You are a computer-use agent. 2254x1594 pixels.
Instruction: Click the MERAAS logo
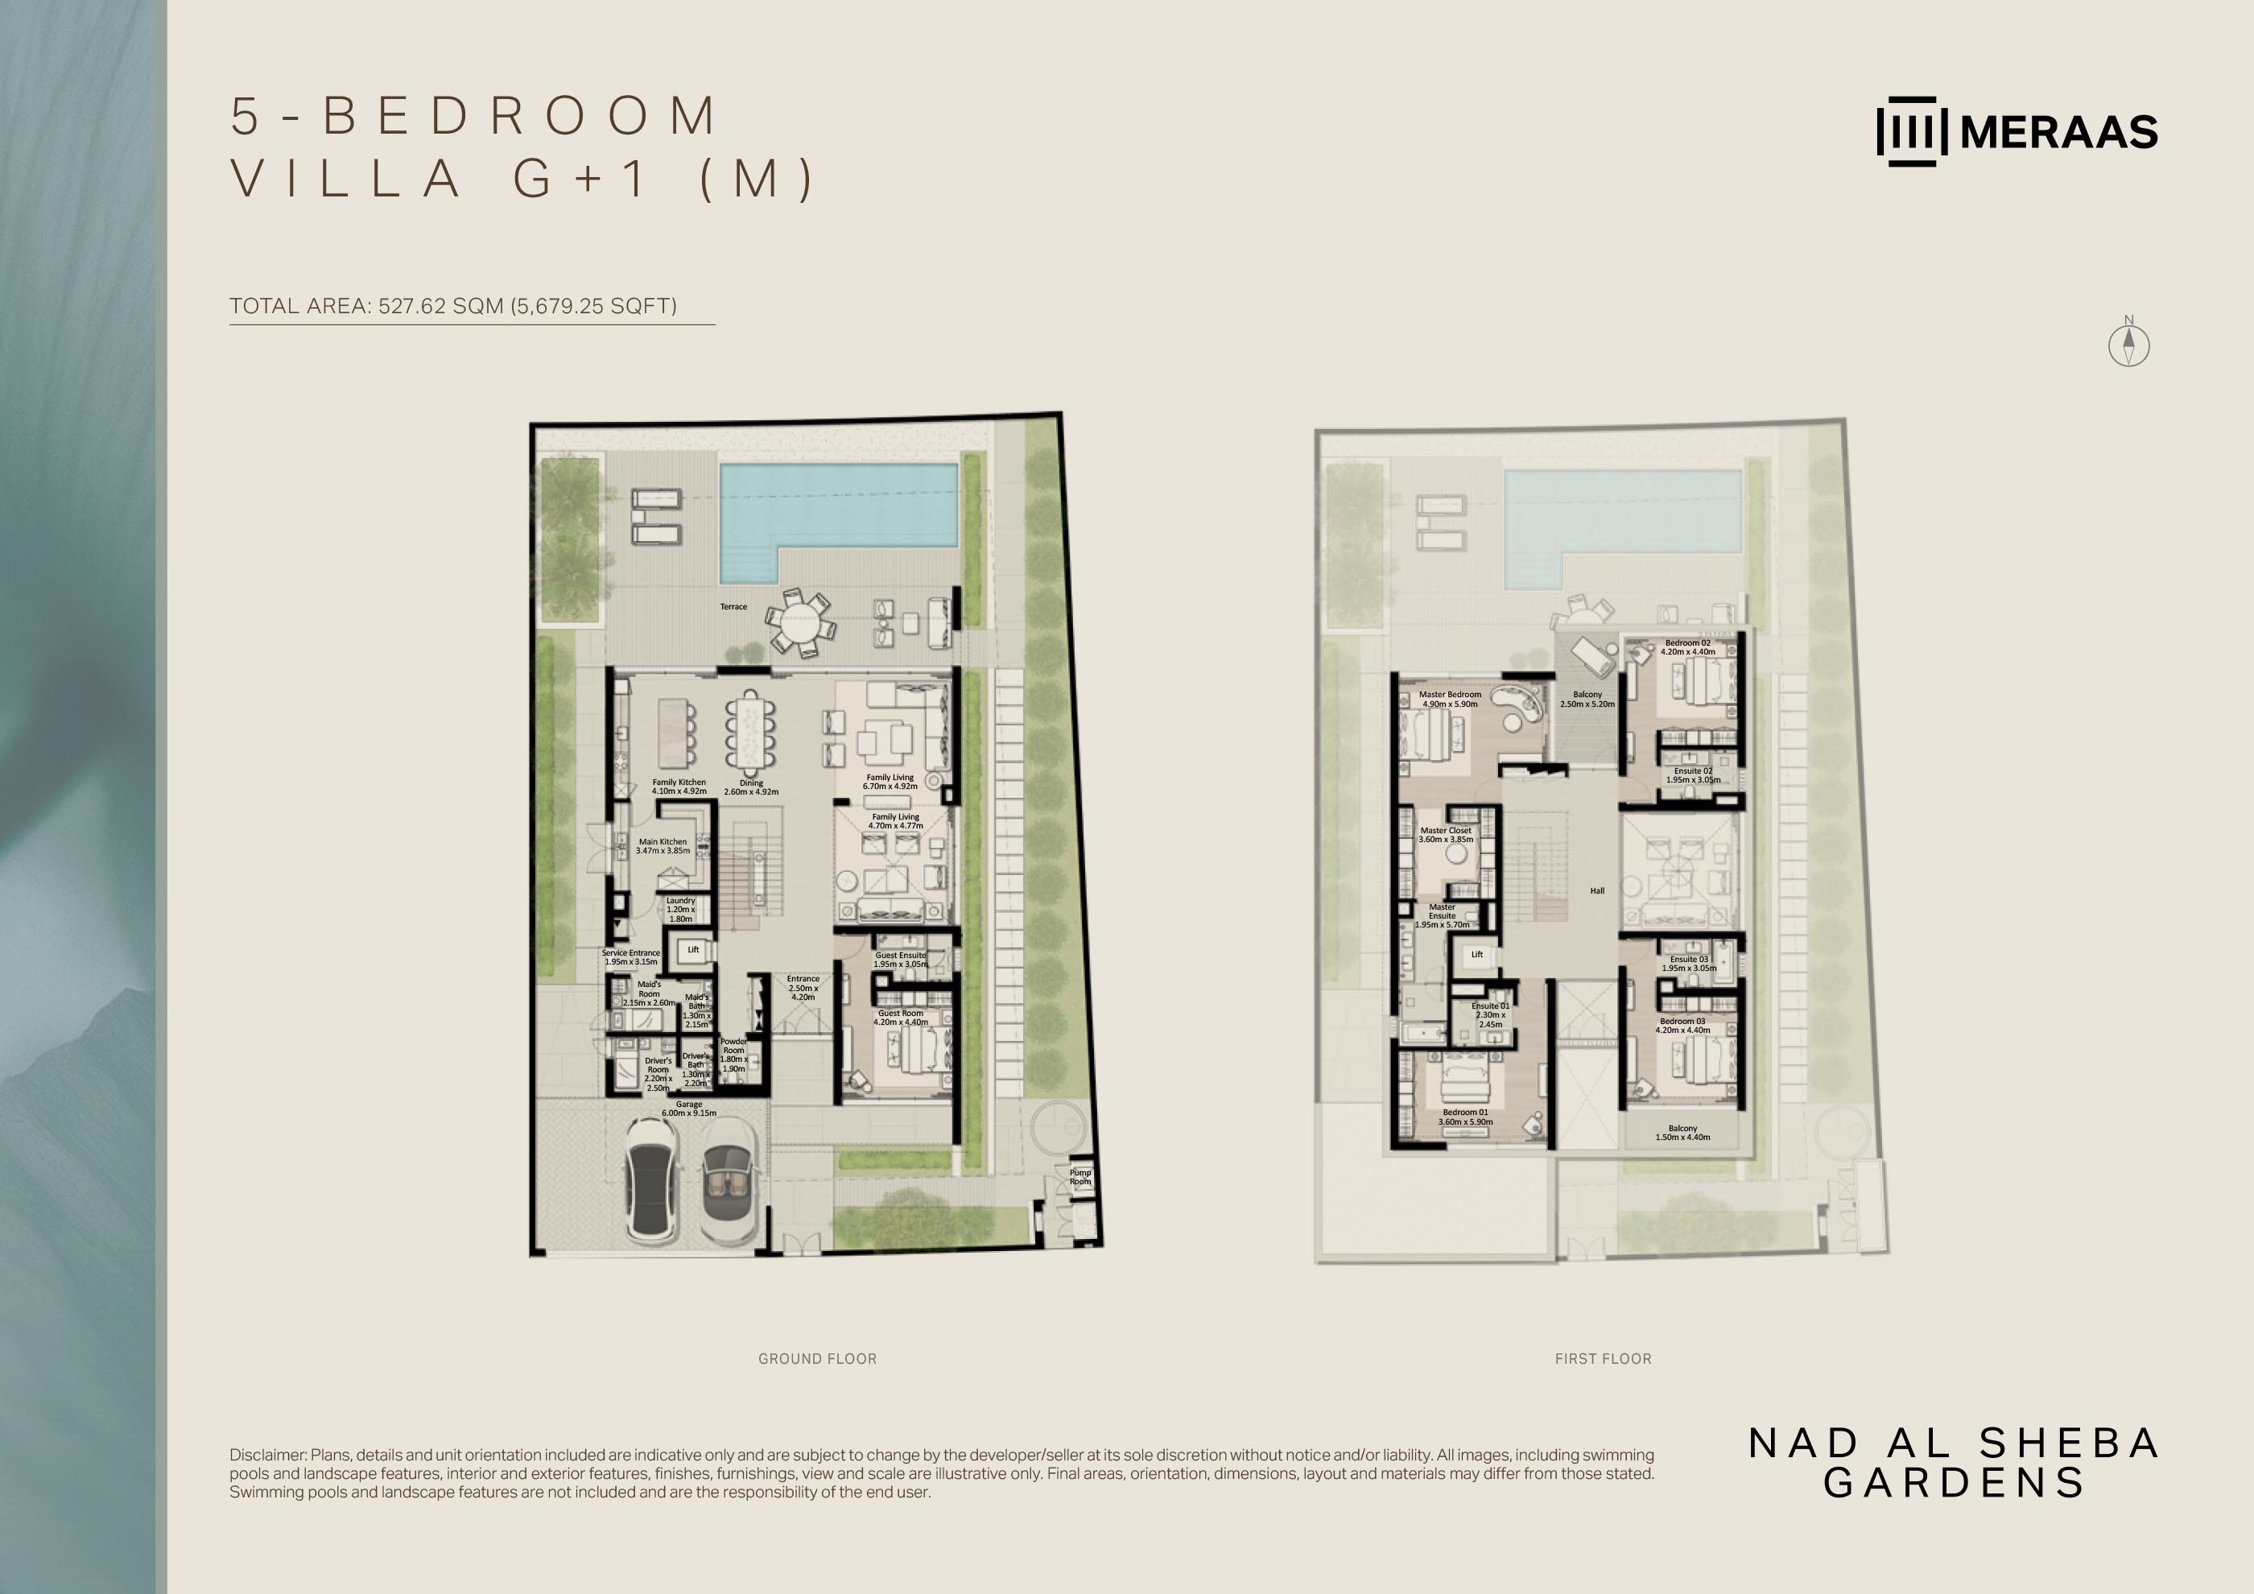tap(2017, 131)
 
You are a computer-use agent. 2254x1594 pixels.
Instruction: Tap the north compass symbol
tap(2128, 343)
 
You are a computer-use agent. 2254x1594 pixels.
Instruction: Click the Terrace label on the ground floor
tap(733, 606)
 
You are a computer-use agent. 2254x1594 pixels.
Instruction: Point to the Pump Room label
tap(1080, 1177)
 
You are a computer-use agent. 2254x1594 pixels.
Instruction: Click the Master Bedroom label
tap(1450, 699)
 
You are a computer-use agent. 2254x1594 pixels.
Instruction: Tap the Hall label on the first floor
tap(1597, 891)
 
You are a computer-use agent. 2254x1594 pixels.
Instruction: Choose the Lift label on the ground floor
tap(693, 949)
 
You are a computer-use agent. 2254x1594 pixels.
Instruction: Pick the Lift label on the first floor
tap(1476, 954)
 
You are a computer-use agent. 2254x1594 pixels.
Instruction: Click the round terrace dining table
tap(799, 622)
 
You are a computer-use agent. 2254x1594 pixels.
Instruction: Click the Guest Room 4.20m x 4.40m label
tap(900, 1018)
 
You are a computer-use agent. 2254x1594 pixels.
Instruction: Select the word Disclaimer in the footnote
tap(268, 1455)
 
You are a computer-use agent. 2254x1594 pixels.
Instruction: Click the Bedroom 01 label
tap(1466, 1117)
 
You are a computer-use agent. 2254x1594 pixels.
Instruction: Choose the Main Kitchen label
tap(663, 846)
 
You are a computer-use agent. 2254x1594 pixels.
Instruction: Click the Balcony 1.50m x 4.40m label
tap(1682, 1133)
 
